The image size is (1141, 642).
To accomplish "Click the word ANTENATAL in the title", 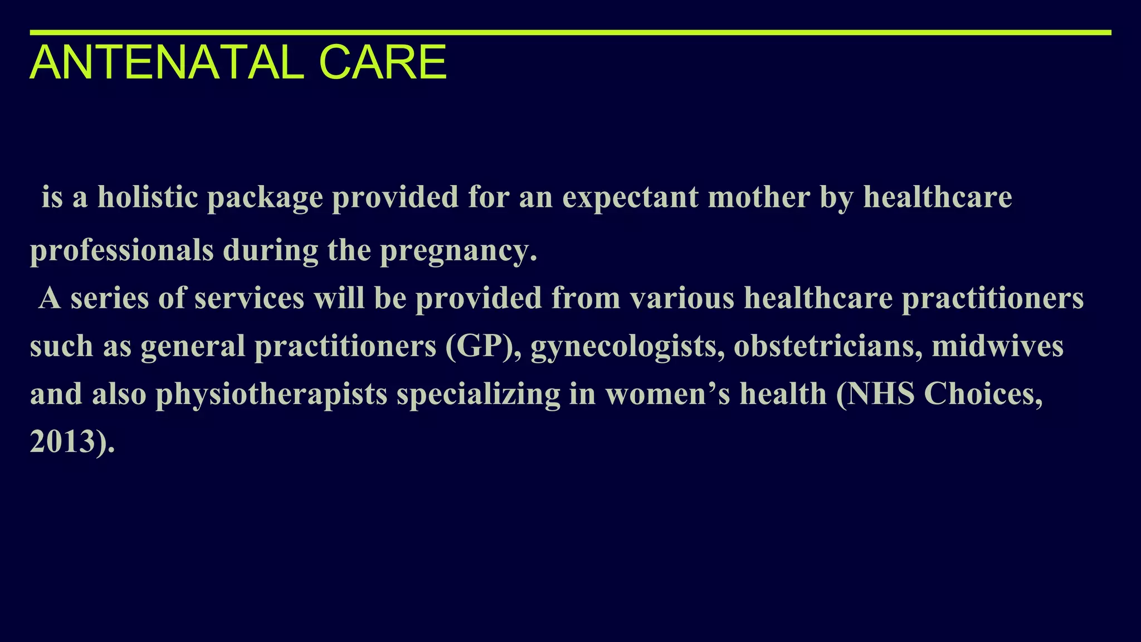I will coord(167,62).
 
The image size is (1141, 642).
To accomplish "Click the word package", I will coord(265,198).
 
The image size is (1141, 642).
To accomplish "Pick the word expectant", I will coord(630,198).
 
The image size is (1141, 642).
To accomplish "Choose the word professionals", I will coord(122,250).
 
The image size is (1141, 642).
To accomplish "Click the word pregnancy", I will coord(458,251).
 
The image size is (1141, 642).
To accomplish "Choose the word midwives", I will coord(998,346).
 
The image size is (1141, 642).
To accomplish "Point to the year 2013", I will coord(62,442).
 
